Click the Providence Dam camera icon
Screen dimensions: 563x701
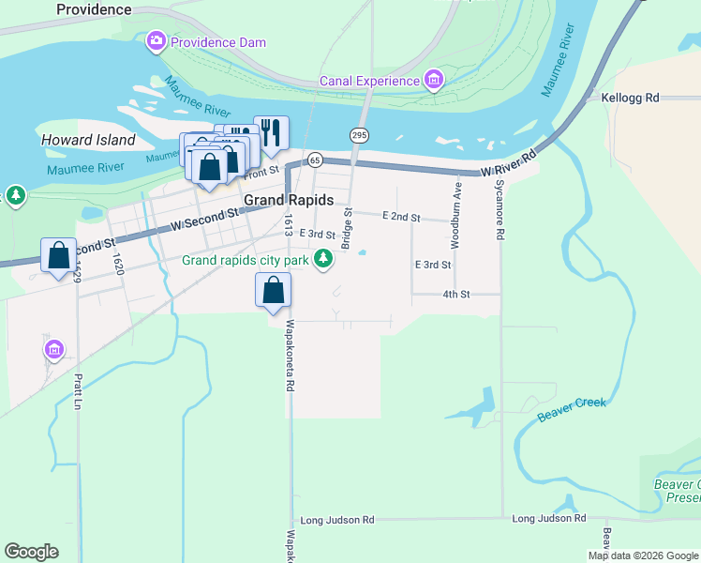pyautogui.click(x=157, y=42)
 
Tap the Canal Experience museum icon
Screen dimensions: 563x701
pyautogui.click(x=433, y=81)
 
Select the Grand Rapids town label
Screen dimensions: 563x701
pyautogui.click(x=289, y=200)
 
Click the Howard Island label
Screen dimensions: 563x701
pyautogui.click(x=88, y=140)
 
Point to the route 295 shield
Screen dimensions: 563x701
pyautogui.click(x=359, y=135)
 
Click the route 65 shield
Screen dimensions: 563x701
pyautogui.click(x=314, y=160)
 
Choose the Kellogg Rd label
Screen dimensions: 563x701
pyautogui.click(x=631, y=98)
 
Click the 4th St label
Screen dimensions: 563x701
pyautogui.click(x=455, y=295)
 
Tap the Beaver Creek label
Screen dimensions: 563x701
pyautogui.click(x=572, y=409)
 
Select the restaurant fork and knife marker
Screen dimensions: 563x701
pyautogui.click(x=271, y=132)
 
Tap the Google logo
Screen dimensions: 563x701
pyautogui.click(x=31, y=552)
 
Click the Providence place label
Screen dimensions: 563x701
pyautogui.click(x=94, y=9)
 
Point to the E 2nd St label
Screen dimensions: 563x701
pyautogui.click(x=401, y=217)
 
